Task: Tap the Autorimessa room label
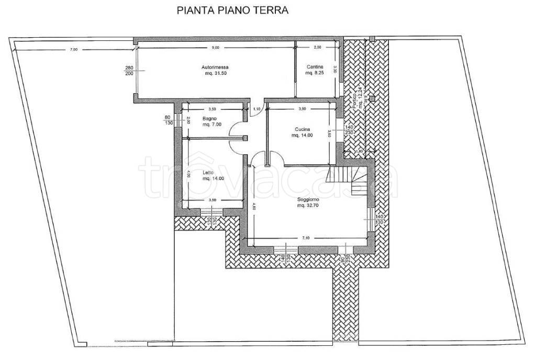pos(215,67)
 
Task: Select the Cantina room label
pos(315,67)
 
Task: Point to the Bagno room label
pos(210,119)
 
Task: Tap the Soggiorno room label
pos(308,199)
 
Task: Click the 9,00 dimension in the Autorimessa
pos(215,48)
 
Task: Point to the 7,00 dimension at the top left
pos(73,49)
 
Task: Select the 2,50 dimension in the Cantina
pos(317,48)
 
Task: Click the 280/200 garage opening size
pos(129,71)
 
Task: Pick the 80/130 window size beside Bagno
pos(167,120)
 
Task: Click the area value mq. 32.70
pos(308,206)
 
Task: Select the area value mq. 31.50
pos(215,73)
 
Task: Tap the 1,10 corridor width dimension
pos(256,108)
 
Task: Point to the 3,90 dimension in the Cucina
pos(301,109)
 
